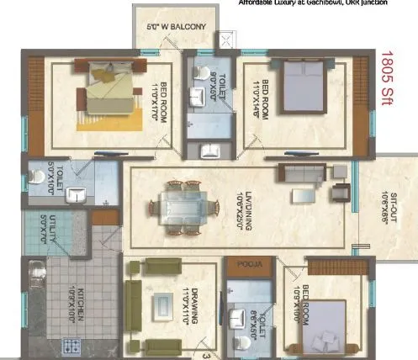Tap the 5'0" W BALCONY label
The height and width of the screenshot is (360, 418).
(x=177, y=28)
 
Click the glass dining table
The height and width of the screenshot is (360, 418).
(x=178, y=206)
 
